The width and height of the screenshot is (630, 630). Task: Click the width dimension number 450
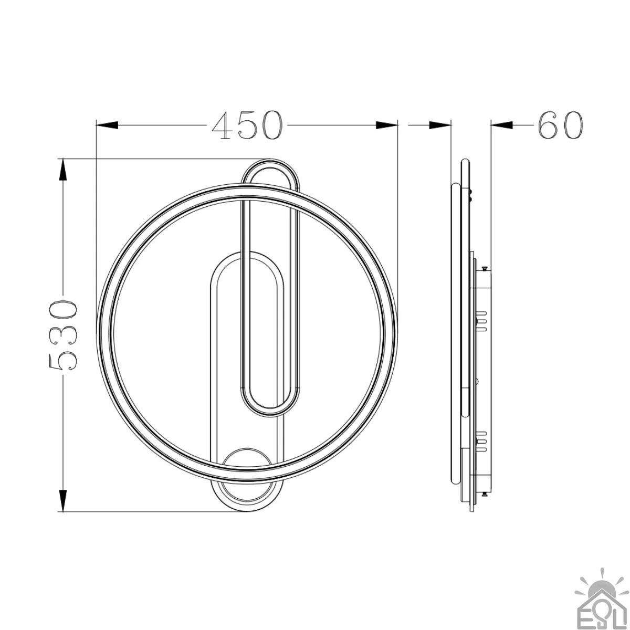pyautogui.click(x=247, y=125)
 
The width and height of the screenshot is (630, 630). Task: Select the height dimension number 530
pyautogui.click(x=63, y=335)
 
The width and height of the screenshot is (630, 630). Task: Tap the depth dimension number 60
pyautogui.click(x=560, y=125)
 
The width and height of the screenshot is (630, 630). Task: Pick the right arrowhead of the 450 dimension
pyautogui.click(x=387, y=125)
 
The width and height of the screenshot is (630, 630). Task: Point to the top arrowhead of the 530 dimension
pyautogui.click(x=63, y=170)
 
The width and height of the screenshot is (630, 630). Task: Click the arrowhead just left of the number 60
pyautogui.click(x=502, y=125)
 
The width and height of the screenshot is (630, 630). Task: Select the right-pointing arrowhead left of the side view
pyautogui.click(x=440, y=125)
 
